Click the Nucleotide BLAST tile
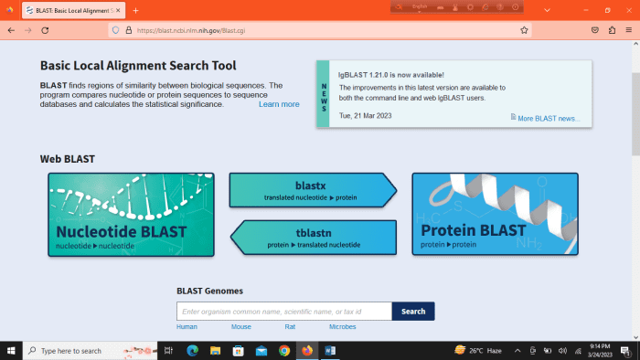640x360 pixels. [x=131, y=215]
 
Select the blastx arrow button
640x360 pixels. [x=311, y=190]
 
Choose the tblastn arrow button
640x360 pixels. [x=315, y=237]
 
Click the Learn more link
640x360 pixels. [x=279, y=104]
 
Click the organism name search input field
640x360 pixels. [x=283, y=312]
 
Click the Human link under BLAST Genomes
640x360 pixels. [x=187, y=326]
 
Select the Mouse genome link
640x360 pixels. [x=240, y=326]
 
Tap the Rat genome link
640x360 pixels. [x=290, y=326]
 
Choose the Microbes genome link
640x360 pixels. [x=342, y=326]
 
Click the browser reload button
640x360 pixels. [x=45, y=30]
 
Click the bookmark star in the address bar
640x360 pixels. [x=524, y=30]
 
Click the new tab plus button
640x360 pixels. [x=136, y=10]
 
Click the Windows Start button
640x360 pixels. [x=11, y=350]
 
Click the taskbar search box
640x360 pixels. [x=87, y=350]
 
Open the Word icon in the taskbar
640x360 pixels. [x=330, y=350]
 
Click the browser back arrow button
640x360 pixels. [x=11, y=30]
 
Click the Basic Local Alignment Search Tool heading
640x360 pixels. [x=138, y=66]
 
